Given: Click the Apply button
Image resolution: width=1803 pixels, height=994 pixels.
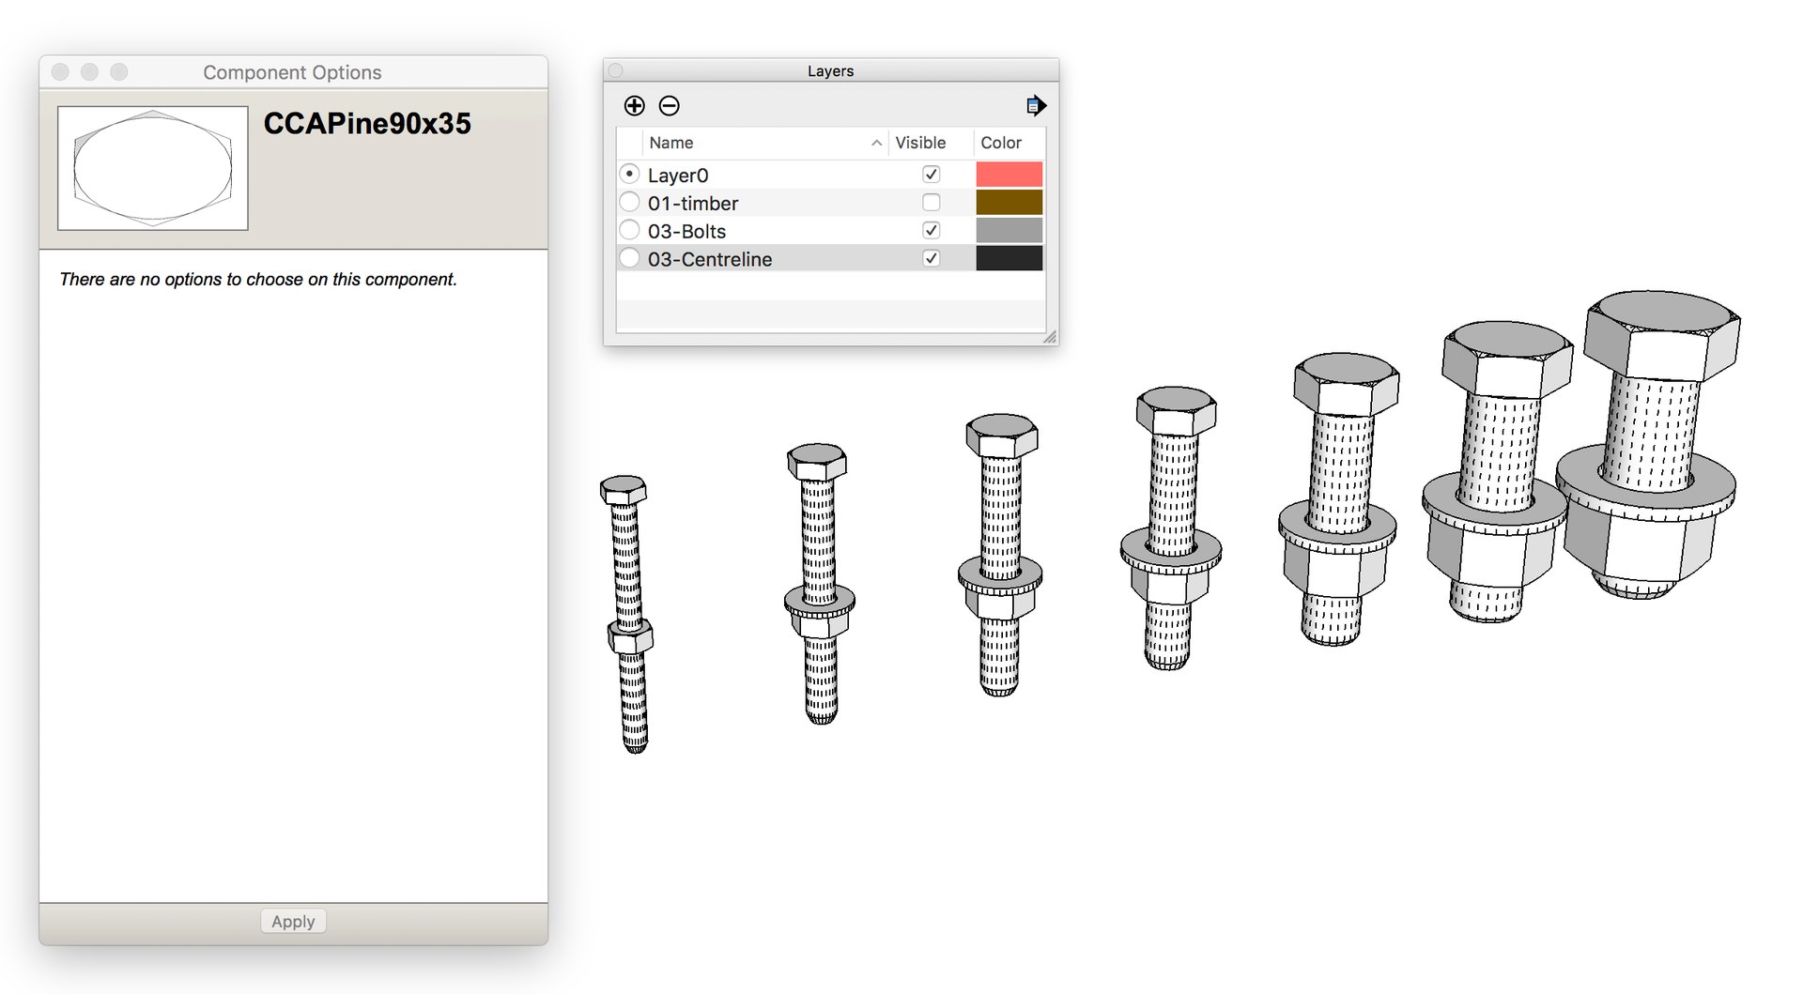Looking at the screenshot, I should point(293,921).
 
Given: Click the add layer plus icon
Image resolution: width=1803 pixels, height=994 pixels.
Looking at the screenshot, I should point(635,106).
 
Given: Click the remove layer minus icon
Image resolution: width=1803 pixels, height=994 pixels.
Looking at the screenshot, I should point(669,106).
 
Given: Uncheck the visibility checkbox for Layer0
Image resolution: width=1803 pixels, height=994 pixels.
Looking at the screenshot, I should point(931,175).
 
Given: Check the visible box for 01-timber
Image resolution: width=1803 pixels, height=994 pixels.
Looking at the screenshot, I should point(931,203).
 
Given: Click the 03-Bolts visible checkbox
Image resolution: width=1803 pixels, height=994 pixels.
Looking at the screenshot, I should point(931,231).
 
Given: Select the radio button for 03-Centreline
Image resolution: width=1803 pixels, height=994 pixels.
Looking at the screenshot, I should point(630,258).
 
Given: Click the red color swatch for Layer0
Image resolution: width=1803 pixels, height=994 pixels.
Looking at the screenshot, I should point(1009,175).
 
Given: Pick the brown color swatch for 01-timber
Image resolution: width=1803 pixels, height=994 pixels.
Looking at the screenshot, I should point(1009,203).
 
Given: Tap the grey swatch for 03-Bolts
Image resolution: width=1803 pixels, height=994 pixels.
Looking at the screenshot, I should point(1009,231).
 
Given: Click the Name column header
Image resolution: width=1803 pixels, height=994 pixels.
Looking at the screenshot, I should point(670,143).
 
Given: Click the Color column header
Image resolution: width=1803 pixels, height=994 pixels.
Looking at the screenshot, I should point(1000,143).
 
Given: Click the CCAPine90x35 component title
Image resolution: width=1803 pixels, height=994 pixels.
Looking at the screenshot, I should point(367,124).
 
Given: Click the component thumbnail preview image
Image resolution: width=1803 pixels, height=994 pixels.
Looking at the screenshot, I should point(153,168).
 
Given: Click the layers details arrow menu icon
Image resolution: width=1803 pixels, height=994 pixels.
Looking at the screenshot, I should point(1035,106).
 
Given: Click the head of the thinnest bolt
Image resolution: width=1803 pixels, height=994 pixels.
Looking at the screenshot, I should point(624,490).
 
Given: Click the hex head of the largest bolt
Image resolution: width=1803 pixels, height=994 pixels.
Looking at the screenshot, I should point(1661,333).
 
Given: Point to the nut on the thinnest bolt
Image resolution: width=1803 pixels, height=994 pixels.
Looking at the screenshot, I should point(630,637).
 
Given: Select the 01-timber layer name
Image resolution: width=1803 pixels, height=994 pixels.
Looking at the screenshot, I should point(692,204).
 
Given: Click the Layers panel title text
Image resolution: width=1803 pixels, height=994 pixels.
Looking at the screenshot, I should point(830,71).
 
